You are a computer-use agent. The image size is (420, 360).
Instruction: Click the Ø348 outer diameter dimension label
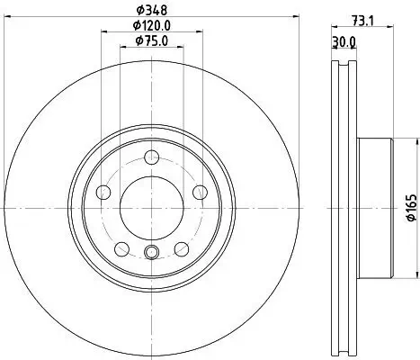tap(152, 11)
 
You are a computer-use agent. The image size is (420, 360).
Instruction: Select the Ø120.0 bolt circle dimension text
tap(152, 26)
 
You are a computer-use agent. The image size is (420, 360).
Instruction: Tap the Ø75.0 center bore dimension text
tap(152, 40)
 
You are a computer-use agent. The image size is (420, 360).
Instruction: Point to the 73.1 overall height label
tap(362, 22)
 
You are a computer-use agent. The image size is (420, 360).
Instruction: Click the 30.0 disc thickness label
tap(344, 42)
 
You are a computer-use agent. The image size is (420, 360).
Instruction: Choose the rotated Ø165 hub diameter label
tap(412, 208)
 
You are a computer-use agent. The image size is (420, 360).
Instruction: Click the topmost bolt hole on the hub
tap(151, 157)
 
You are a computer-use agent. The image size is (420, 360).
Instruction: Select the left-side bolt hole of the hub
tap(103, 192)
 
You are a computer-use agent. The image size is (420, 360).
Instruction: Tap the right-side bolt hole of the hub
tap(200, 192)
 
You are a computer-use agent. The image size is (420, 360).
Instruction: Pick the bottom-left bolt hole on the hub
tap(122, 249)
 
